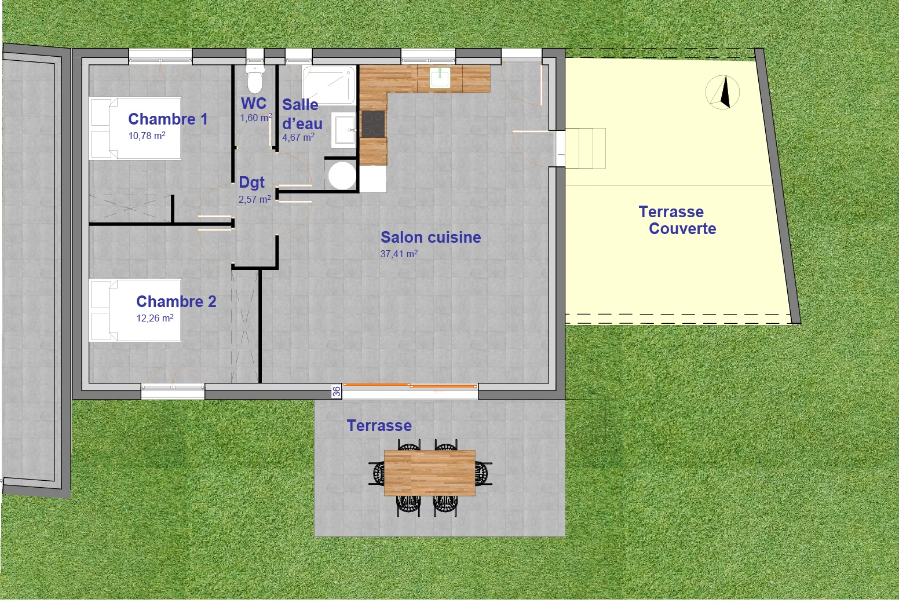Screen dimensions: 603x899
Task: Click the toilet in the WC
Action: [255, 79]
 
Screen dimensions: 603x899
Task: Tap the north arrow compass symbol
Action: [723, 92]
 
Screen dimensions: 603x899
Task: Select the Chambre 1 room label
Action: [167, 119]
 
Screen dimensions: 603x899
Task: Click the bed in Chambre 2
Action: [135, 310]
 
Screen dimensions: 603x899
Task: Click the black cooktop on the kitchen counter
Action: [373, 123]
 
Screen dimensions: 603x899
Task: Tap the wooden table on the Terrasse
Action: [430, 473]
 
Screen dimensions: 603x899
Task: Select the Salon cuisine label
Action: [430, 237]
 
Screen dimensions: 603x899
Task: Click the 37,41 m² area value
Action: [399, 254]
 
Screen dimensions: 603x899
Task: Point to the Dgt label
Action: [251, 182]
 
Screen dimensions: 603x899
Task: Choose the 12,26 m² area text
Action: [155, 318]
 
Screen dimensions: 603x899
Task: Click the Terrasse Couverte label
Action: [677, 220]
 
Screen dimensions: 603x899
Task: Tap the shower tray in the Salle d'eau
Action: [328, 85]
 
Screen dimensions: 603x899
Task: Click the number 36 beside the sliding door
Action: [337, 392]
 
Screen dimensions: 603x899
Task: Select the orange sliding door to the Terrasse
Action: [410, 385]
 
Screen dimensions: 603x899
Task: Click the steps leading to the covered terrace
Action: [585, 148]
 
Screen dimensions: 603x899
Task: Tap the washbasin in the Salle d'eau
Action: [344, 130]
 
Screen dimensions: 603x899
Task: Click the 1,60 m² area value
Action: [255, 118]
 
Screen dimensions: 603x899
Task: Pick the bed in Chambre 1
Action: [135, 128]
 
